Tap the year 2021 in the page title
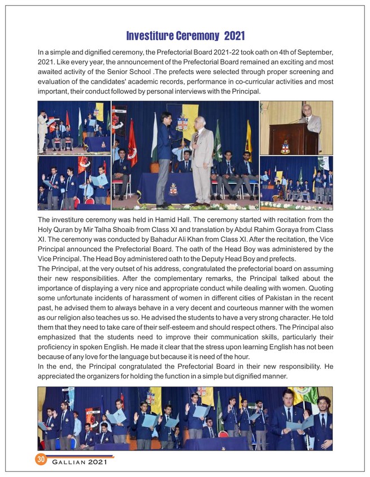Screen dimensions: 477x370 tap(234, 36)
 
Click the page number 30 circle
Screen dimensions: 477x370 tap(41, 459)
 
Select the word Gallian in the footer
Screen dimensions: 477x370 tap(71, 462)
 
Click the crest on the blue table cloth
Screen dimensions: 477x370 tap(173, 190)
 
